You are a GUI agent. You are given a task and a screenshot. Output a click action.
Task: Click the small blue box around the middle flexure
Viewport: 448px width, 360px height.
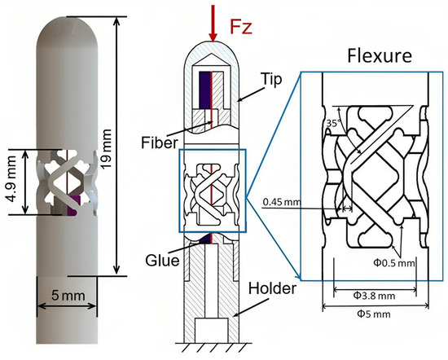tap(210, 191)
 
